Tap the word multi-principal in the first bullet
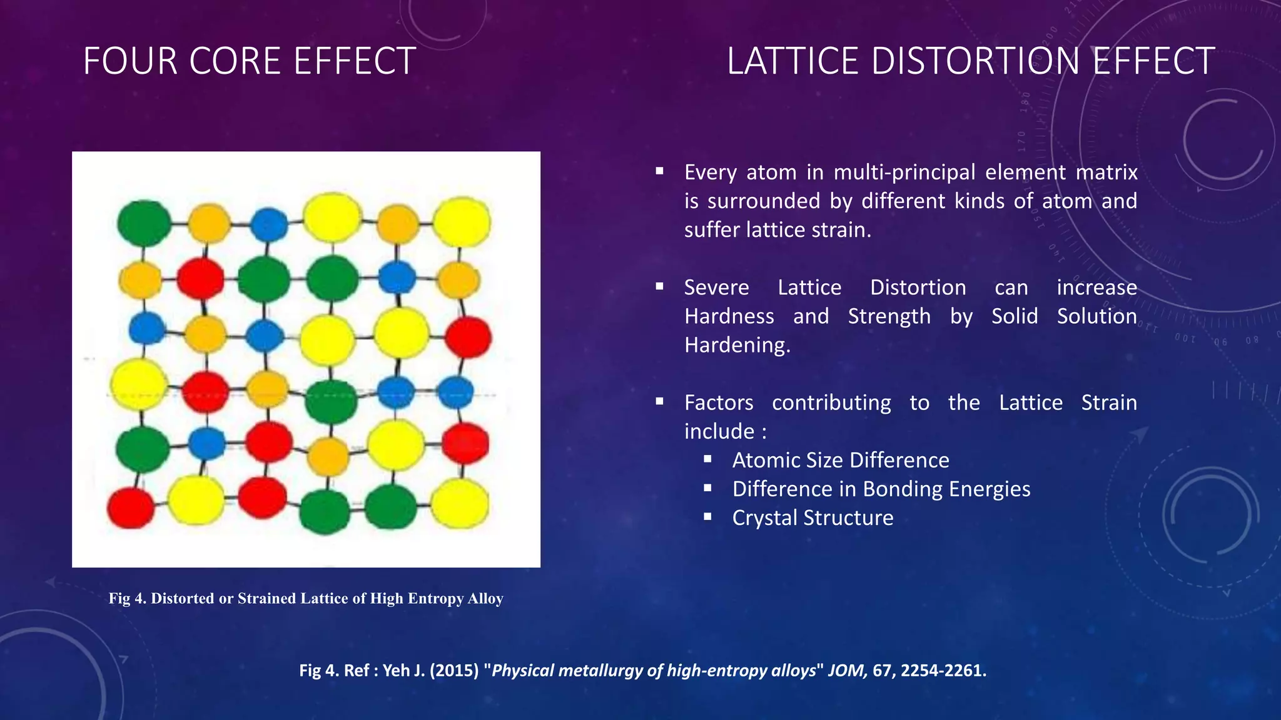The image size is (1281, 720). tap(904, 172)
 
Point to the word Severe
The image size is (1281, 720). tap(716, 287)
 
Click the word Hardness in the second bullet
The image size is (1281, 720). tap(729, 316)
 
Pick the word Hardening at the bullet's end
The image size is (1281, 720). tap(737, 345)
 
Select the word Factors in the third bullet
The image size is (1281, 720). tap(719, 402)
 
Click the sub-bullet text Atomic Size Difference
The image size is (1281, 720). tap(840, 460)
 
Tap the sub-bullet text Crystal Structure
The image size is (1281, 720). tap(813, 517)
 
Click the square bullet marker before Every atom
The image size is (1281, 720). tap(659, 171)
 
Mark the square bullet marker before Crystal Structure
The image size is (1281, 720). tap(707, 516)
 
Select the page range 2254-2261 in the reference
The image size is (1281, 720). tap(943, 671)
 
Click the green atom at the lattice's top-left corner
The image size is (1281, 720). tap(144, 222)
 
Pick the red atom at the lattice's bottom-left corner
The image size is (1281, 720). tap(131, 508)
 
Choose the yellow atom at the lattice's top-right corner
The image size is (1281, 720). tap(462, 222)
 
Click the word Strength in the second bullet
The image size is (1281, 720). tap(889, 316)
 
